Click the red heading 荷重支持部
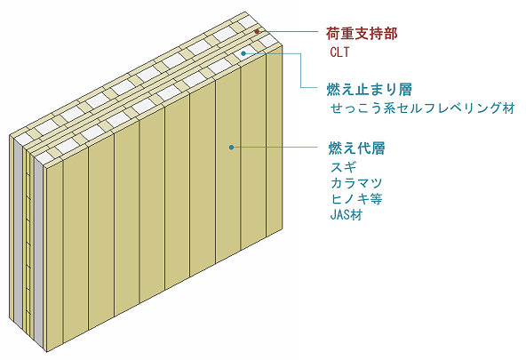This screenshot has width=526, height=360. (x=362, y=34)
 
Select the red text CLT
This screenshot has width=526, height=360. (x=339, y=52)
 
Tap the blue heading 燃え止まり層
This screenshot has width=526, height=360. (x=369, y=89)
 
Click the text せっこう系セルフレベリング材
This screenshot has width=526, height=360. (x=422, y=108)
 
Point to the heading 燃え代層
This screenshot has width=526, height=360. (x=356, y=148)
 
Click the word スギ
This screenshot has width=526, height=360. (x=343, y=167)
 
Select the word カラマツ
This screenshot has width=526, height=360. (x=356, y=183)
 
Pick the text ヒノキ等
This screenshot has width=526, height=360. (x=356, y=199)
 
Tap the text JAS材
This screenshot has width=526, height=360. (x=347, y=215)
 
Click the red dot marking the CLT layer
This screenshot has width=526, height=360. (x=257, y=31)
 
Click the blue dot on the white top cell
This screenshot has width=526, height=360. (x=243, y=53)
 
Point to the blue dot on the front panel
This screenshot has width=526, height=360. (x=231, y=147)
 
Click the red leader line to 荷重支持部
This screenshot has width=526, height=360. (x=288, y=31)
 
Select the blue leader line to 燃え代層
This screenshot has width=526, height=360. (x=274, y=147)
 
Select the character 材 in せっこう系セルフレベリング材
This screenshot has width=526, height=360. (x=508, y=108)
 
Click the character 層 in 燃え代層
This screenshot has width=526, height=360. (x=379, y=148)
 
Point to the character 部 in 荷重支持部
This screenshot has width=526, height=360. (x=390, y=34)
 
